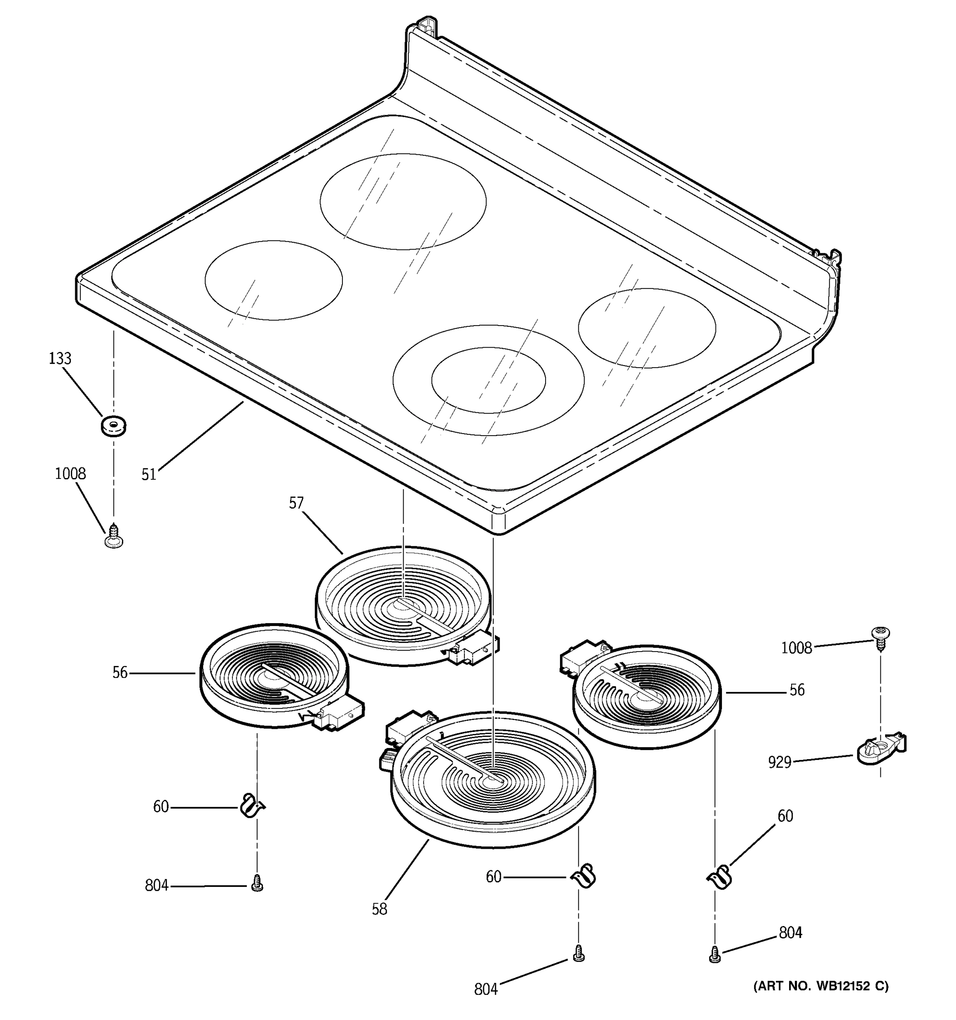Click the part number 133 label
click(60, 359)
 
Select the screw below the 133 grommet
click(114, 535)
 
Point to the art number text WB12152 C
click(820, 986)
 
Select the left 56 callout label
click(120, 673)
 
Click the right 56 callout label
click(797, 690)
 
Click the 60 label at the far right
click(785, 816)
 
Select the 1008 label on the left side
click(70, 473)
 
